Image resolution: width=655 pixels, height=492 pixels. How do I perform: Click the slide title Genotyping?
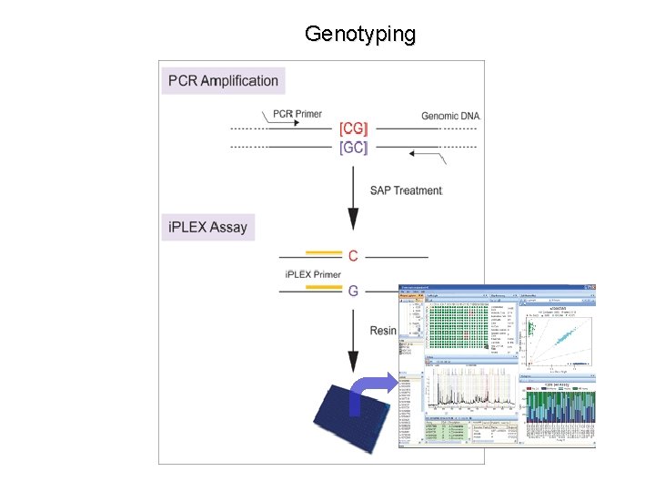360,35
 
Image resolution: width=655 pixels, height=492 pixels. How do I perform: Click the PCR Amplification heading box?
223,80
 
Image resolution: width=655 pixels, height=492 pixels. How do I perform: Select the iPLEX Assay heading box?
207,226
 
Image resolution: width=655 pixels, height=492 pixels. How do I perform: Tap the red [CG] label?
353,128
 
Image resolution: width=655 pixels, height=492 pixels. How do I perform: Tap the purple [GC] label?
353,147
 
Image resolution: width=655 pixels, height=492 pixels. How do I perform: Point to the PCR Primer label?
297,115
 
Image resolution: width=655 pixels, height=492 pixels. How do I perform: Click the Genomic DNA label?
450,116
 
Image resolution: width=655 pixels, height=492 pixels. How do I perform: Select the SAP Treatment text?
406,190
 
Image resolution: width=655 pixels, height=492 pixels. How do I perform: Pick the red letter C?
353,256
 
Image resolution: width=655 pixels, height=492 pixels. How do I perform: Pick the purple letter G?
353,291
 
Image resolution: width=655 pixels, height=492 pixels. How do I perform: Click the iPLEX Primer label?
313,274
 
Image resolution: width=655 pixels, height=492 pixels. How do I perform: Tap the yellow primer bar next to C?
323,252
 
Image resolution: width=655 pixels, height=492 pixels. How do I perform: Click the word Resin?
383,330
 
